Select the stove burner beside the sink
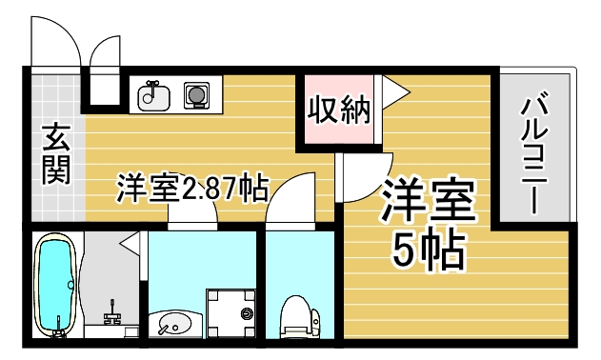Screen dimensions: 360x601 point(197,94)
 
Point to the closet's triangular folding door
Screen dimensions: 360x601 point(394,90)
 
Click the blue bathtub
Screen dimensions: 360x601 point(54,287)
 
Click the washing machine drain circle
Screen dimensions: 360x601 point(246,311)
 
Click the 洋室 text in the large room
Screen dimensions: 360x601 point(428,203)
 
